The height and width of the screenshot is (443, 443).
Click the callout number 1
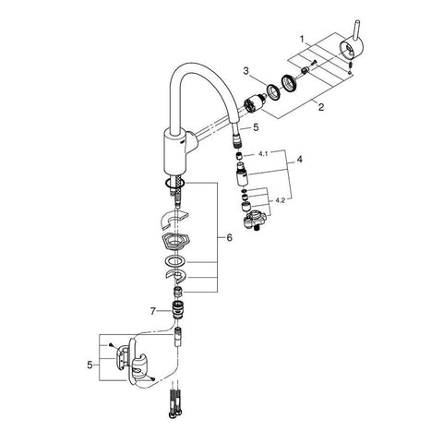[x=302, y=40]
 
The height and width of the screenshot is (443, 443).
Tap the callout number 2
[x=321, y=107]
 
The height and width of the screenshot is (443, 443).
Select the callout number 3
[x=245, y=71]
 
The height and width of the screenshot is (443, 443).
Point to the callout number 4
[x=299, y=160]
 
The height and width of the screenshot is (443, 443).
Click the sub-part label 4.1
[x=263, y=154]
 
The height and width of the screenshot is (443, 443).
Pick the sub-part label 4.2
[x=280, y=200]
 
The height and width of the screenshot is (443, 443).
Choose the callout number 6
[x=230, y=237]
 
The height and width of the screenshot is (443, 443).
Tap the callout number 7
[x=153, y=312]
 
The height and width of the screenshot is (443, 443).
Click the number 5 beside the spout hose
[x=256, y=127]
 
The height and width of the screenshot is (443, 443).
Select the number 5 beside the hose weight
[x=90, y=365]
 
